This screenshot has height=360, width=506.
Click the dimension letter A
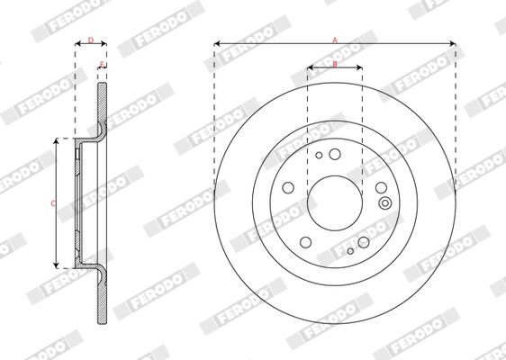(x=335, y=40)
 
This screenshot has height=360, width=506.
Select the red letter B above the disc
(x=335, y=64)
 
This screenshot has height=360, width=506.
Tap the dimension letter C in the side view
(x=52, y=203)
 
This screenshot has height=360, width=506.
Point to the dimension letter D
(x=90, y=40)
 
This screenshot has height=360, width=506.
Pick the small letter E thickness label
(x=102, y=64)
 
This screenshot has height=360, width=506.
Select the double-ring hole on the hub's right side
(x=385, y=202)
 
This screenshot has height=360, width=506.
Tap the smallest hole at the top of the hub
(x=320, y=155)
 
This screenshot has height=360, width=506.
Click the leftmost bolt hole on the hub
(x=288, y=188)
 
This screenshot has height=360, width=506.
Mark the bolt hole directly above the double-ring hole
(x=381, y=187)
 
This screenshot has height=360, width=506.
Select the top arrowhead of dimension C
(x=59, y=142)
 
